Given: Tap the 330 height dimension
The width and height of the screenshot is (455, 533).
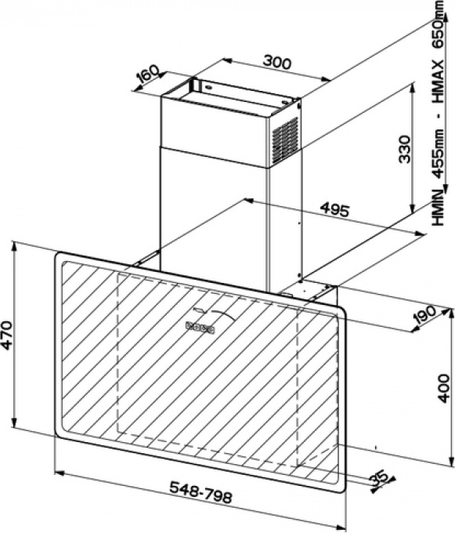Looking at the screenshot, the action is coord(404,149).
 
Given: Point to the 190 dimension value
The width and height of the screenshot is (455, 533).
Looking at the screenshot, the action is coord(424,315).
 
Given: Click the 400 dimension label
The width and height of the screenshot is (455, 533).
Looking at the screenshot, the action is coord(442,388).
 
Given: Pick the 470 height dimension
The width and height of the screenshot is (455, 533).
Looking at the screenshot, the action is coord(8,335).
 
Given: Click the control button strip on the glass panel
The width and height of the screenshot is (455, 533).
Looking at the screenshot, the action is coord(200,327).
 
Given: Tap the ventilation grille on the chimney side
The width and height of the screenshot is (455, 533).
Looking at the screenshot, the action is coord(285,140).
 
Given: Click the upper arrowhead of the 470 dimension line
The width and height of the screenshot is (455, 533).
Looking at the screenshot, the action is coord(14,246).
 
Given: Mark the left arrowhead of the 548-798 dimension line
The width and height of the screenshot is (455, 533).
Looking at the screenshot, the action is coord(60,473).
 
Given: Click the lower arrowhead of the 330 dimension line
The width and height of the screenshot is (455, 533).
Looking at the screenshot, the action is coord(413,208).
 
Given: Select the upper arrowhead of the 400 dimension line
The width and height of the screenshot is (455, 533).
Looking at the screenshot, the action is coord(450,314).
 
